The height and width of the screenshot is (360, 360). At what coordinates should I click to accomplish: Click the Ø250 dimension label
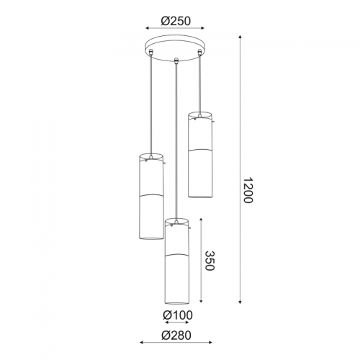[x=176, y=21]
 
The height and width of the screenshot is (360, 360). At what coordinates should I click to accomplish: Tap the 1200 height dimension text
[x=248, y=190]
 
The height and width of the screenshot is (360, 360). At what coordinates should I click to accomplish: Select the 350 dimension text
[x=209, y=261]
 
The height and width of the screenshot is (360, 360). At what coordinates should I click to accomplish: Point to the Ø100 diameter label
[x=178, y=315]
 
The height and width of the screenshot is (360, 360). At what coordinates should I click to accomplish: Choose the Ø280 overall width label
[x=176, y=336]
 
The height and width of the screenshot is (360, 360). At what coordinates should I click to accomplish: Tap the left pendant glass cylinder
[x=151, y=196]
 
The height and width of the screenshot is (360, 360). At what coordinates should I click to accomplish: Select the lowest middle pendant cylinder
[x=177, y=261]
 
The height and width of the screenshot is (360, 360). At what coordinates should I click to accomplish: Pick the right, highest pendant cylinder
[x=200, y=155]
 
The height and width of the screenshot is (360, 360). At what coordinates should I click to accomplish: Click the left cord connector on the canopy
[x=151, y=52]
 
